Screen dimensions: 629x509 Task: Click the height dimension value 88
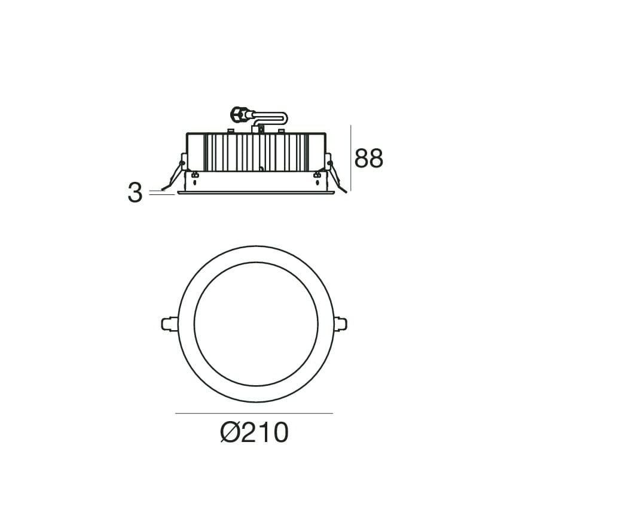[x=369, y=158]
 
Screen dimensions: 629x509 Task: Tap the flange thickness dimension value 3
[x=135, y=193]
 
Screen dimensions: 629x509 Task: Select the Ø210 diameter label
[x=254, y=432]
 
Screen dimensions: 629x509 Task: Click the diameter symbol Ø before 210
[x=230, y=432]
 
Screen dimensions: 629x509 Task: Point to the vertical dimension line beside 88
[x=351, y=158]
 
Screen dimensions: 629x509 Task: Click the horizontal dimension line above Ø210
[x=254, y=413]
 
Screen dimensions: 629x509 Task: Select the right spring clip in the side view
[x=336, y=175]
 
